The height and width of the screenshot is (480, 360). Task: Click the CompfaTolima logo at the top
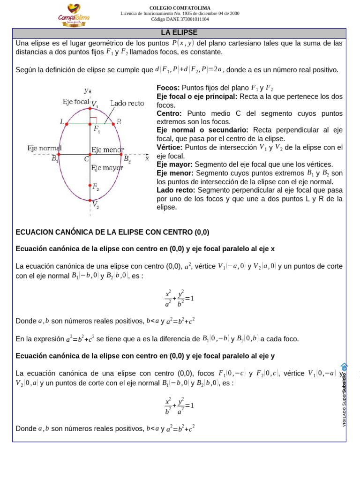(x=74, y=15)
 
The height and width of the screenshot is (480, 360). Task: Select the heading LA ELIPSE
(x=179, y=33)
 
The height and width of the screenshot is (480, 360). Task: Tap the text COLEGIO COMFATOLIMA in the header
(x=180, y=8)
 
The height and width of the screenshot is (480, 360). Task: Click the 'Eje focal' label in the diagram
(x=75, y=102)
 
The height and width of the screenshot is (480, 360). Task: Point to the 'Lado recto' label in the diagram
(x=127, y=103)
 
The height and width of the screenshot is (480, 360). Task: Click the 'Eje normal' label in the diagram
(x=45, y=148)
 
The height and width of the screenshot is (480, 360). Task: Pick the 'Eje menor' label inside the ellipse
(x=107, y=150)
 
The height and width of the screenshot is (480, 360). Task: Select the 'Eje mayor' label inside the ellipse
(x=107, y=168)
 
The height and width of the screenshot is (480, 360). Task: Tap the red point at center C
(x=90, y=154)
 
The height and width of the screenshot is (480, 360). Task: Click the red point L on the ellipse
(x=67, y=124)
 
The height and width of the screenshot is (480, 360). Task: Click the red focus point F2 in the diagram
(x=90, y=185)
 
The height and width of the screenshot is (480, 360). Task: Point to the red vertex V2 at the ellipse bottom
(x=90, y=201)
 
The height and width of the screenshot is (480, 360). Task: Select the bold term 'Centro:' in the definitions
(x=169, y=113)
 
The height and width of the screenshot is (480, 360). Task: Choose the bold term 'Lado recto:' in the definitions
(x=176, y=190)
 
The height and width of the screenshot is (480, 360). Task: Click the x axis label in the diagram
(x=147, y=158)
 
